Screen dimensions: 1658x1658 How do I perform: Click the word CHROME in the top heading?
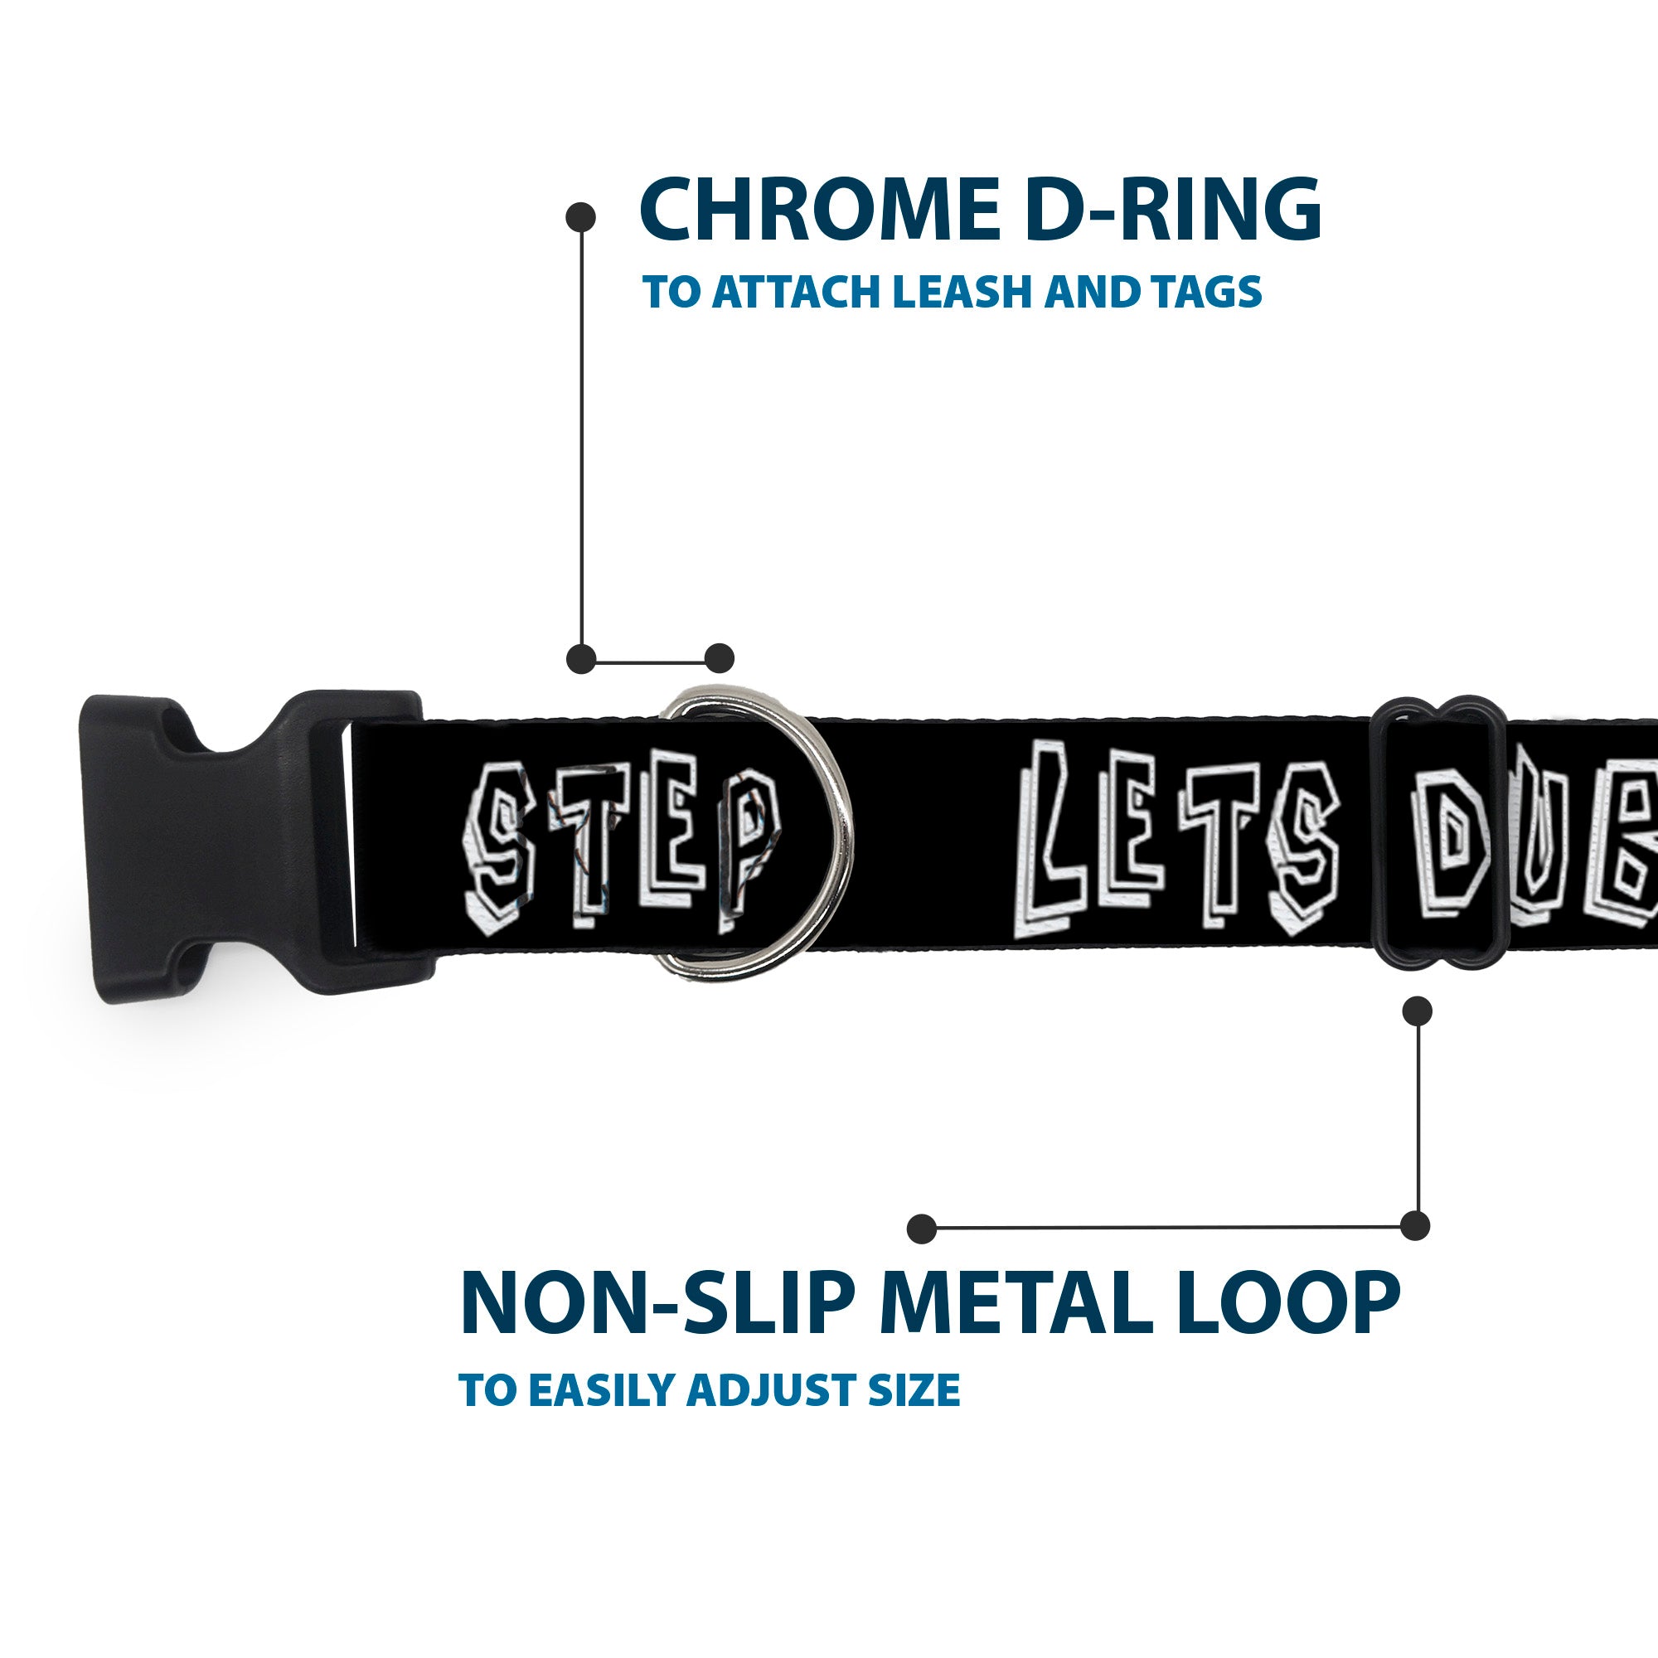(819, 211)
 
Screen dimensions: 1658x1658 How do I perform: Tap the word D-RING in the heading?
(1172, 211)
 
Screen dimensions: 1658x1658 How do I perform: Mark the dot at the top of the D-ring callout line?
(581, 217)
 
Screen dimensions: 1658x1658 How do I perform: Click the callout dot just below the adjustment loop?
(1417, 1011)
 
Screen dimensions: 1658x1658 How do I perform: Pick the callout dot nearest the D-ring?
(719, 658)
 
